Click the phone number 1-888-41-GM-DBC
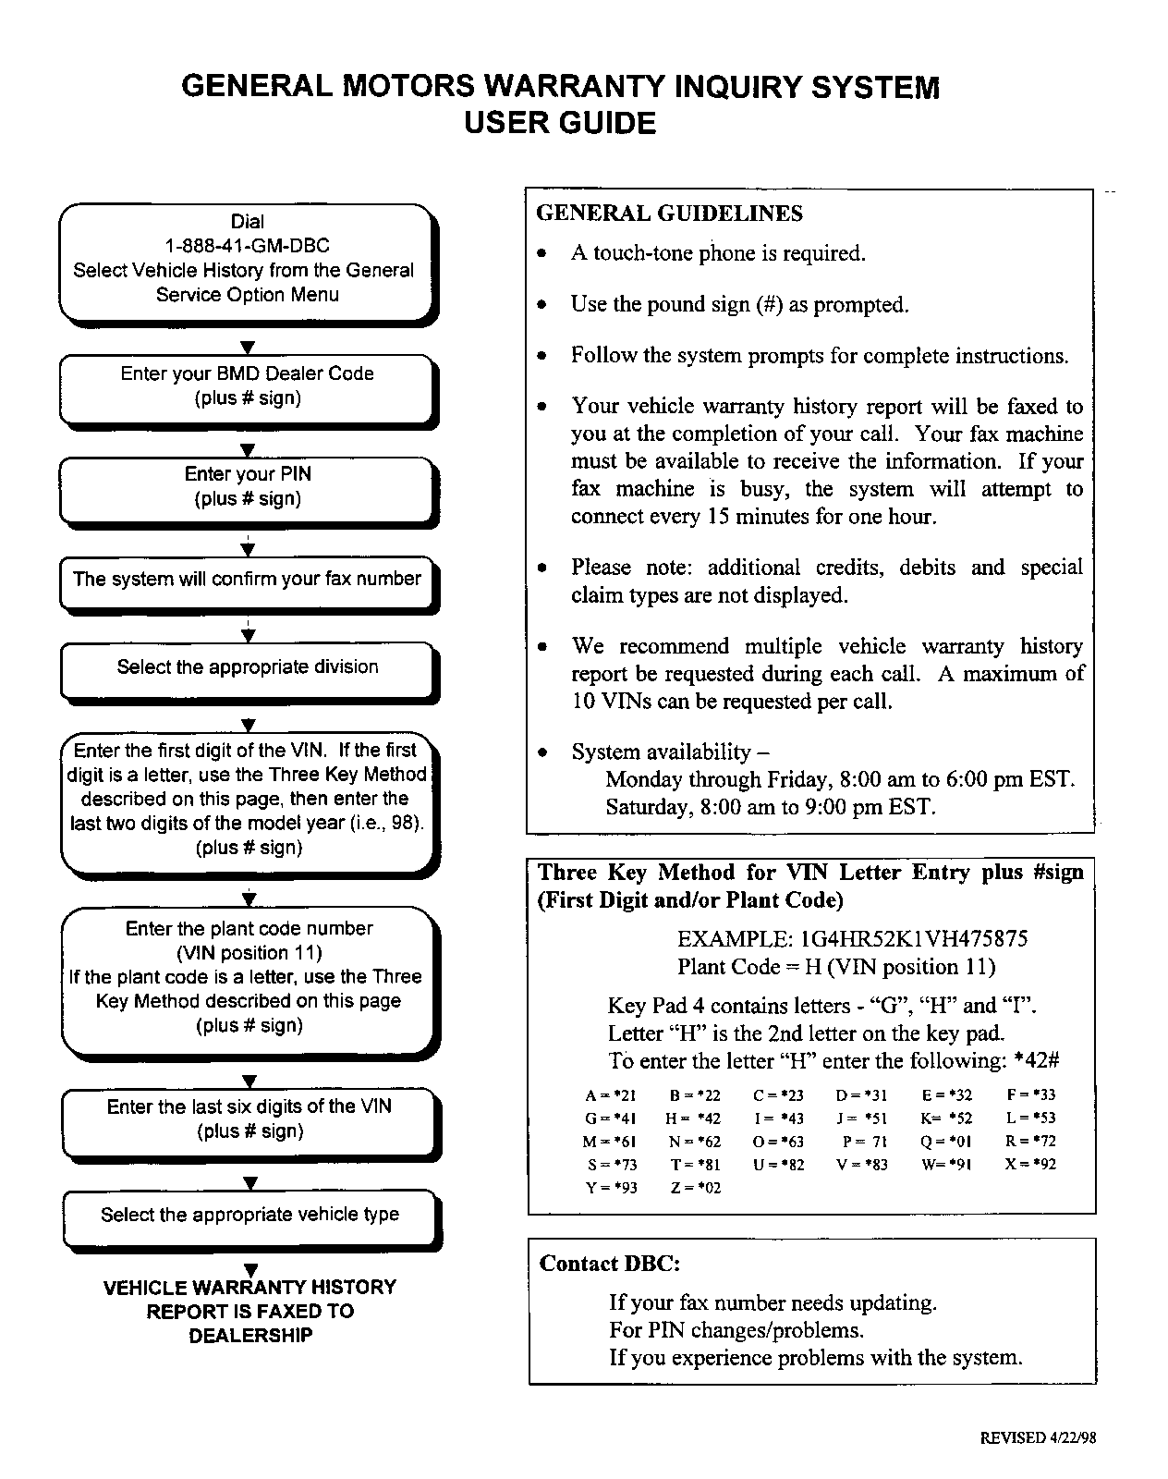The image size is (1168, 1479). pos(247,246)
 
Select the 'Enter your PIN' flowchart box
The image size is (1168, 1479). pos(248,487)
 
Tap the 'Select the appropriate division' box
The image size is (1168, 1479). pos(247,667)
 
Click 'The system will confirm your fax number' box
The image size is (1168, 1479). pos(247,581)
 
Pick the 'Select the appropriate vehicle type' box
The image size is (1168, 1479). pos(249,1216)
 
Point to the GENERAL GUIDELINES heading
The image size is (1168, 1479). pos(669,214)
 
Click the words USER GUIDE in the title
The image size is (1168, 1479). pos(560,123)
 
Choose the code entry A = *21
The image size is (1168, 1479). pos(611,1095)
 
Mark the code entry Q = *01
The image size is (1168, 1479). pos(946,1142)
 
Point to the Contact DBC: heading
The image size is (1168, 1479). pos(610,1264)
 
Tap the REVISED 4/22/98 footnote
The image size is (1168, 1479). pos(1038,1437)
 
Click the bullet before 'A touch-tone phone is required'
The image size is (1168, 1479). pos(544,254)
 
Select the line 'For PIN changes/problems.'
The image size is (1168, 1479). pos(736,1330)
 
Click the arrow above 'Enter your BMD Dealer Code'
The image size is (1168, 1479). pos(247,348)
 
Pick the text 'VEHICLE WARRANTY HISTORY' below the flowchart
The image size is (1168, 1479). pos(249,1287)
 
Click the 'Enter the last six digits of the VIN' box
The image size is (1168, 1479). pos(249,1118)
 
